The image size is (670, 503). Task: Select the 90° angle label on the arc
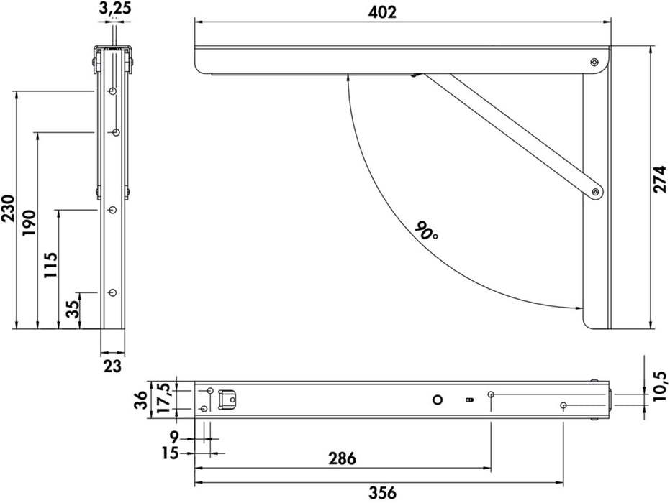coord(426,231)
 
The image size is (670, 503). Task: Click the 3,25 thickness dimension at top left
coord(113,9)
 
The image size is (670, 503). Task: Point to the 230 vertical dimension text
coord(8,210)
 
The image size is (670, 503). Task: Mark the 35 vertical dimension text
coord(73,310)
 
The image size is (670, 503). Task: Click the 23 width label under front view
coord(112,366)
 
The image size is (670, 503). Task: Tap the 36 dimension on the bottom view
coord(142,400)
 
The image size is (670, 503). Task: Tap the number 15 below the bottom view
coord(171,454)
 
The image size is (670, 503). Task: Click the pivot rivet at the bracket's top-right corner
coord(594,63)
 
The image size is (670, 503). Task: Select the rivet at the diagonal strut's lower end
coord(594,192)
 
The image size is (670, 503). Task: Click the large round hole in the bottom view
coord(437,400)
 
